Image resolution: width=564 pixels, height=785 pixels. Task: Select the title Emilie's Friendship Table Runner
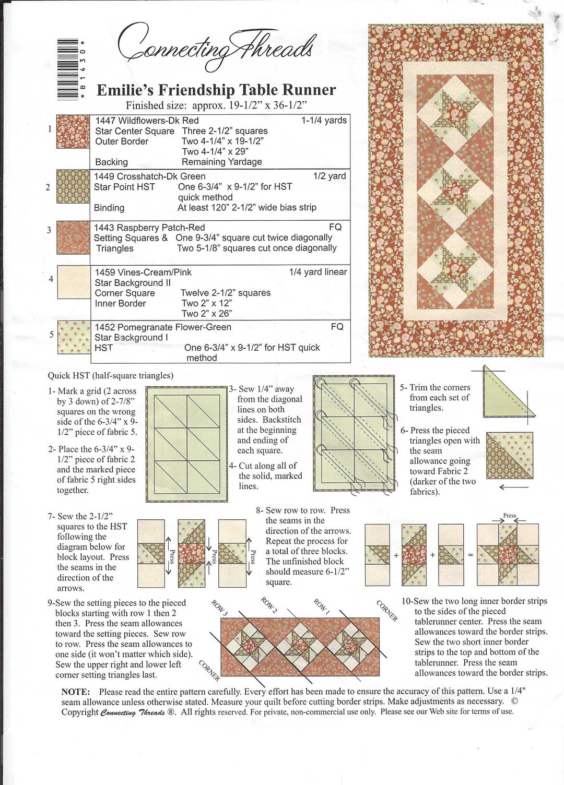216,90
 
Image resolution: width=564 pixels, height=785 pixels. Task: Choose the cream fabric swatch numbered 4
73,282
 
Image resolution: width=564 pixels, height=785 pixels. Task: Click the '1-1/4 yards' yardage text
324,121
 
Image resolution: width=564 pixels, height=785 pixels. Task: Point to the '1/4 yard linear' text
318,272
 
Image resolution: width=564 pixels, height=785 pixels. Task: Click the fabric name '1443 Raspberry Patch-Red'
149,228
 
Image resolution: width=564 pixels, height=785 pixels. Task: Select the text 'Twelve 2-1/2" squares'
226,293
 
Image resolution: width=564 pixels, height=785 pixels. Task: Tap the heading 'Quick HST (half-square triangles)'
111,375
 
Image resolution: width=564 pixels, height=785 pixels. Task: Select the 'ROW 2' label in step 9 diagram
269,604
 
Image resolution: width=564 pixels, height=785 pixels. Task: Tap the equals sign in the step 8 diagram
470,555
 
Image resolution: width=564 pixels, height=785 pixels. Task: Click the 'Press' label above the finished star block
509,516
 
